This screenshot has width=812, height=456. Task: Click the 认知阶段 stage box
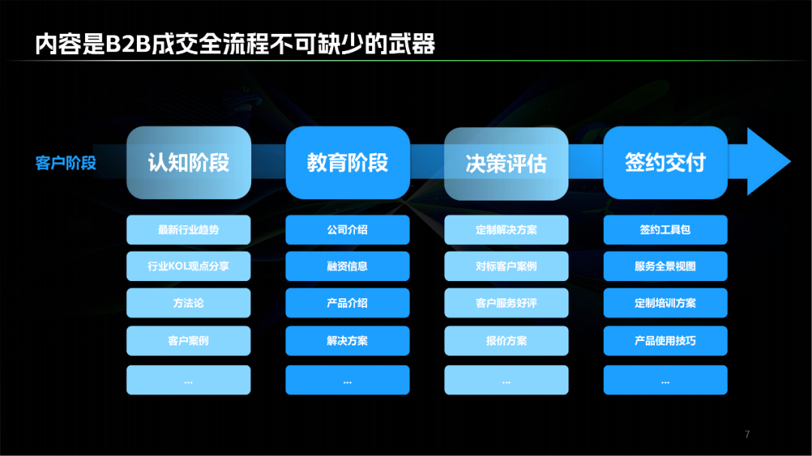[189, 162]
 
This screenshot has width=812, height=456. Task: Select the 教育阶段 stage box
[347, 162]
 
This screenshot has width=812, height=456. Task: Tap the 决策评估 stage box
[507, 164]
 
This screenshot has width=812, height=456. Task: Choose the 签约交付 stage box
[665, 162]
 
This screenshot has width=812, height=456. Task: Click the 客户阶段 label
[65, 163]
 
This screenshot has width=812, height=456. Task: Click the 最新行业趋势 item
[189, 230]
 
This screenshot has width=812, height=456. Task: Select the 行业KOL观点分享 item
[189, 266]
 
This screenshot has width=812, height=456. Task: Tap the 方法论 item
[189, 303]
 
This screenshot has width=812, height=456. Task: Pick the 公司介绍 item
[347, 230]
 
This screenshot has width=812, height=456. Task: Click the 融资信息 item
[347, 266]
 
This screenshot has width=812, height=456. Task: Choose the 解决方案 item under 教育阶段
[347, 340]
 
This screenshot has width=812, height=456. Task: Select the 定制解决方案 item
[507, 230]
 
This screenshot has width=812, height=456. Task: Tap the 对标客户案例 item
[507, 266]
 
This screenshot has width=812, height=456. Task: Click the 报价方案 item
[507, 340]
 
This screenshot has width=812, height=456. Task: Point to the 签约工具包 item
[665, 230]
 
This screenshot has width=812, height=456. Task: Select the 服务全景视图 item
[665, 266]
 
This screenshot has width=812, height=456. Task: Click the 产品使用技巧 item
[665, 340]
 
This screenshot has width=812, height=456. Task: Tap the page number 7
[747, 434]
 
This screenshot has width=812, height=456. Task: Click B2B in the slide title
[128, 44]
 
